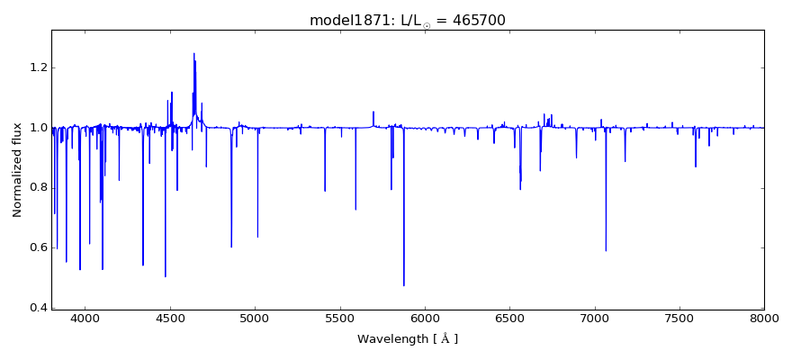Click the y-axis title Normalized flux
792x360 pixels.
point(17,169)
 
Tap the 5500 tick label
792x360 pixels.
point(340,318)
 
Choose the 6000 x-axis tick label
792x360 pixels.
point(425,318)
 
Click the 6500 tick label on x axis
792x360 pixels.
point(509,318)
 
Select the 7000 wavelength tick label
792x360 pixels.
point(595,318)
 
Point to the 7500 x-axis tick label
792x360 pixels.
point(679,318)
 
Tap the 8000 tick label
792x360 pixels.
point(764,318)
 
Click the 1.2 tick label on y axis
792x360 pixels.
point(37,67)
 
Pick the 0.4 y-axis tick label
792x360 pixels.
point(37,308)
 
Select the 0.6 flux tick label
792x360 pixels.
point(37,247)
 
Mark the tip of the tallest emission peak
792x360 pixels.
point(193,53)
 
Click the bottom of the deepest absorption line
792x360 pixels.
point(403,286)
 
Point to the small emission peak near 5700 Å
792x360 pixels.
point(373,112)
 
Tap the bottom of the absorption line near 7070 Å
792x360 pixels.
point(606,251)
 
